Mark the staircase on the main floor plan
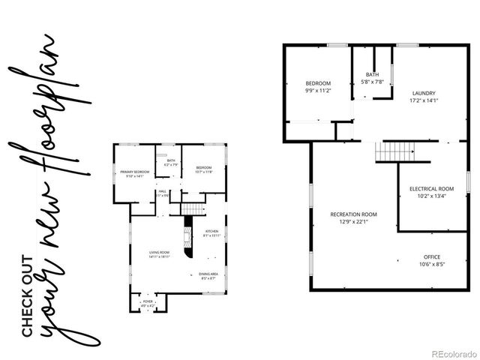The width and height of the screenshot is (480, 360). click(194, 208)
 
